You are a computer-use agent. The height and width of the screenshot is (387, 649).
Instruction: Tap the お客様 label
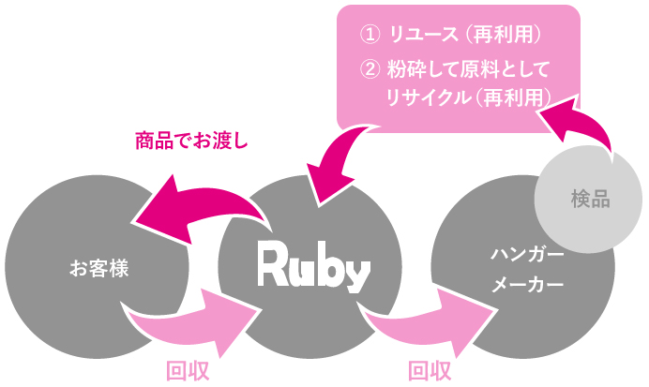pyautogui.click(x=98, y=269)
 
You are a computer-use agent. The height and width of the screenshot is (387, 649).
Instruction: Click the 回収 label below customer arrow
pyautogui.click(x=187, y=370)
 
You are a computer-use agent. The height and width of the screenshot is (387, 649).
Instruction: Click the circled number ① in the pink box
pyautogui.click(x=370, y=36)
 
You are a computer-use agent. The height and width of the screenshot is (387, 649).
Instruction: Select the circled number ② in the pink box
pyautogui.click(x=370, y=68)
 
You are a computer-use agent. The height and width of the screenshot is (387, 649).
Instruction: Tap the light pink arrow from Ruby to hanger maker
pyautogui.click(x=422, y=323)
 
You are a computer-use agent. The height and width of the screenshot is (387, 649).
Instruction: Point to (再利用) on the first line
pyautogui.click(x=506, y=36)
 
